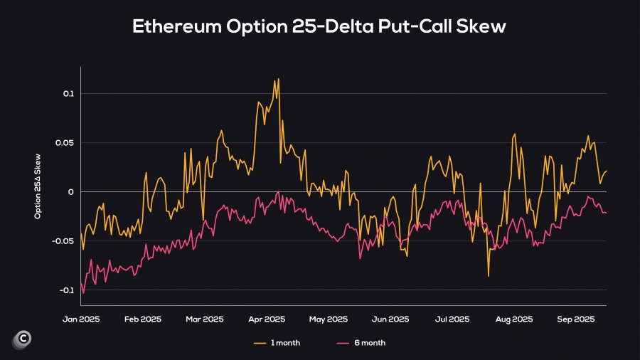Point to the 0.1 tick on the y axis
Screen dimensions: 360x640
[69, 94]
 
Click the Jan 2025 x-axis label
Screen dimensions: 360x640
[82, 319]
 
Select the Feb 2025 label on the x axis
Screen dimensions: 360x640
[143, 319]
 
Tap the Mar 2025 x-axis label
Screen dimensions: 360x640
[203, 319]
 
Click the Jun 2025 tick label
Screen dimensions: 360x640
[390, 319]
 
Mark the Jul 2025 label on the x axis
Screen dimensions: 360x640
[451, 319]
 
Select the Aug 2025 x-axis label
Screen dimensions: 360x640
[513, 319]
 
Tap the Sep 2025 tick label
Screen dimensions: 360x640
[575, 319]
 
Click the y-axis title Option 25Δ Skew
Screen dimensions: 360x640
[38, 192]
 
